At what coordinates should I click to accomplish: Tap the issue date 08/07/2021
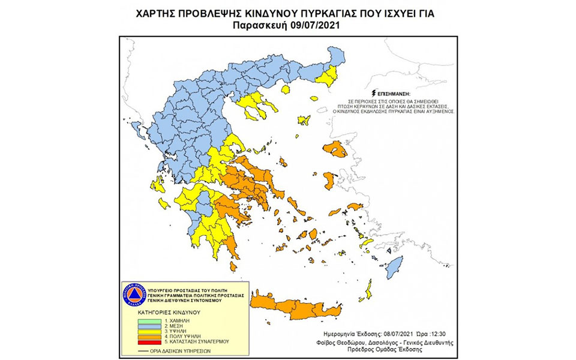click(x=399, y=333)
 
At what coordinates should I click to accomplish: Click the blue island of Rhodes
click(x=394, y=265)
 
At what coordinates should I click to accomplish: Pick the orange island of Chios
click(x=329, y=179)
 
